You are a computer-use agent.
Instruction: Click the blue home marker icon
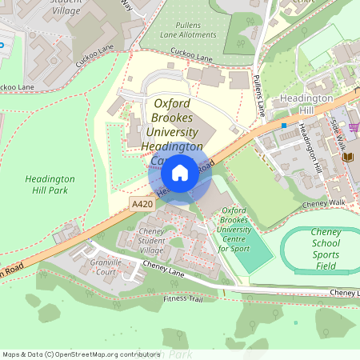point(180,172)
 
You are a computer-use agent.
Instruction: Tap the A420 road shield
point(142,206)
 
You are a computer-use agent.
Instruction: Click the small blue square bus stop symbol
point(283,125)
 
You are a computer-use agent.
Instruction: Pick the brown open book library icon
point(346,157)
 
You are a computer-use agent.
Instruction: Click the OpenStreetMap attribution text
point(81,354)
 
